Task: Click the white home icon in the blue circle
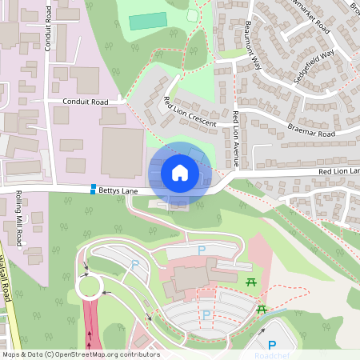[x=180, y=173]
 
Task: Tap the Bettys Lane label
[x=120, y=190]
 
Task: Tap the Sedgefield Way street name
[x=315, y=66]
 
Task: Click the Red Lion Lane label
[x=339, y=171]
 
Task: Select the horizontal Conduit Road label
[x=86, y=102]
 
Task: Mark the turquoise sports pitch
[x=148, y=21]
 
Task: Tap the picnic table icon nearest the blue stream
[x=261, y=309]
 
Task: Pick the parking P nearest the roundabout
[x=134, y=265]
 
